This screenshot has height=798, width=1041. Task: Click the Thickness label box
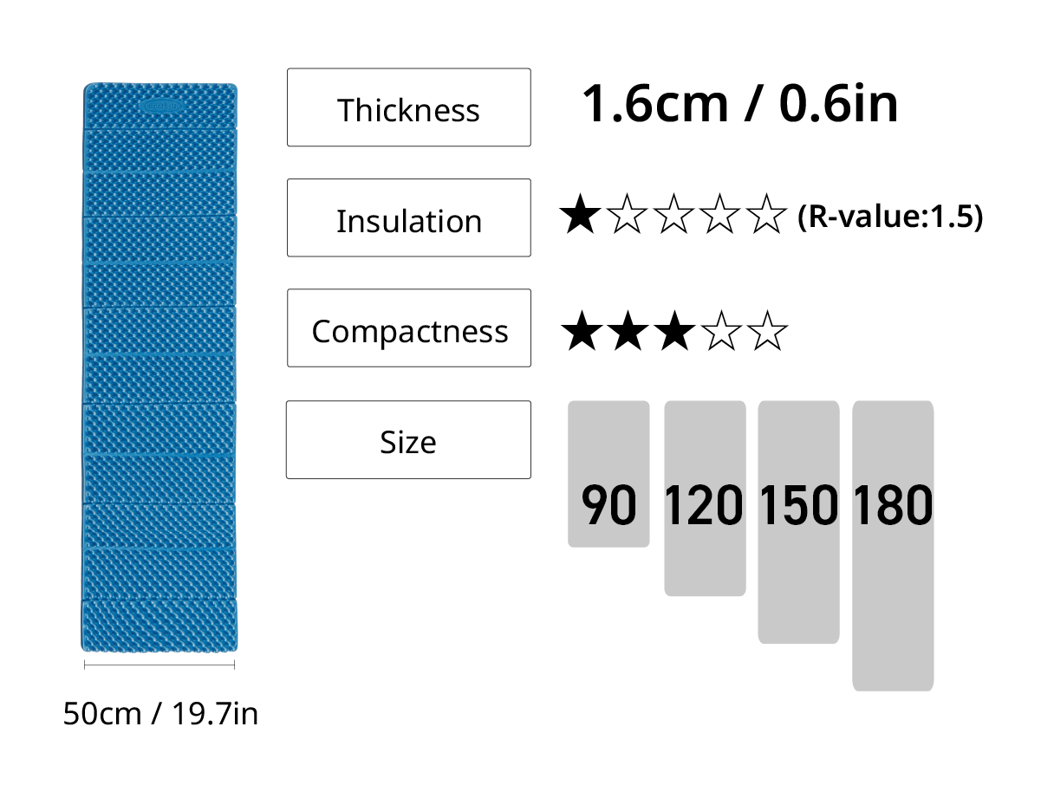[408, 107]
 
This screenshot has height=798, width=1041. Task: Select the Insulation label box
[408, 217]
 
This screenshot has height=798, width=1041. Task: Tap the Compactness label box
[408, 328]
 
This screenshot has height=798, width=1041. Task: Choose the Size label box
[408, 439]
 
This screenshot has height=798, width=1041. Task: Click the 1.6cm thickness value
[654, 103]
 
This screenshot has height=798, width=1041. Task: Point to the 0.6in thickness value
[838, 103]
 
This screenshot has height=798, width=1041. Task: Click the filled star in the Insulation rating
[580, 214]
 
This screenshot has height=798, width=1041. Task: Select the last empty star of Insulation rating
[766, 214]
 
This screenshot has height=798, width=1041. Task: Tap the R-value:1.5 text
[890, 217]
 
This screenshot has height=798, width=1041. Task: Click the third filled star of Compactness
[674, 331]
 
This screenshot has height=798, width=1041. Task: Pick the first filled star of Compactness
[582, 331]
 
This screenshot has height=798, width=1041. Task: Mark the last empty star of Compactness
[767, 331]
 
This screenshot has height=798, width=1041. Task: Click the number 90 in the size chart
[608, 504]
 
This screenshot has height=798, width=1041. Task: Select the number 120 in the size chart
[704, 504]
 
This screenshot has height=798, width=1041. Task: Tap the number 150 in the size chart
[798, 504]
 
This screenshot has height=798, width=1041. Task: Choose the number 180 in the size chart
[893, 504]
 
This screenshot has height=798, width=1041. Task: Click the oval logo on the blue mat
[161, 106]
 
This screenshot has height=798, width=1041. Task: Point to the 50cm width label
[102, 714]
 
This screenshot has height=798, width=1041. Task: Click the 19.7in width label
[215, 714]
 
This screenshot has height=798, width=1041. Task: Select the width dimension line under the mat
[159, 665]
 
